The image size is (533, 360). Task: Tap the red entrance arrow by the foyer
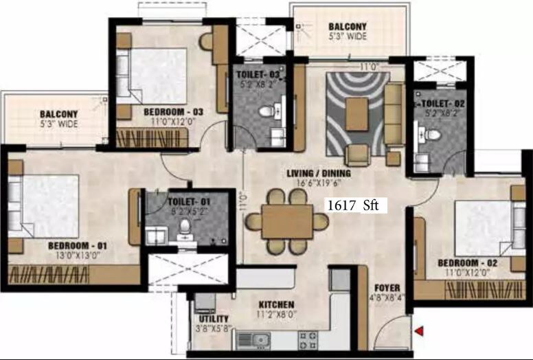[418, 333]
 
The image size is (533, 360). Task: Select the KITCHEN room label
[277, 304]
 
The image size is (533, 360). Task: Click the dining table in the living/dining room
[287, 221]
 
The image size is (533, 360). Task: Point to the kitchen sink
[259, 339]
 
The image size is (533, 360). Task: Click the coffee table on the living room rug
[356, 114]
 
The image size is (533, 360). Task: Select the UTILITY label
[209, 319]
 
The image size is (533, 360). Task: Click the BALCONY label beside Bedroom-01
[58, 114]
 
